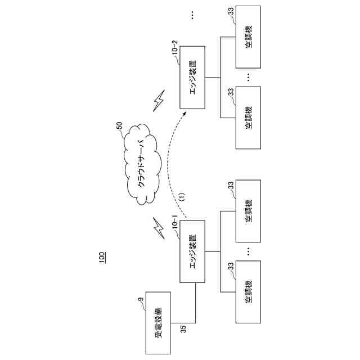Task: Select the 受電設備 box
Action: tap(159, 323)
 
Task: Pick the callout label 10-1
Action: tap(174, 225)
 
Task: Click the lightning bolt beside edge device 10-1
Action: tap(158, 227)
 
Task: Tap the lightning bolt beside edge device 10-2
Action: tap(159, 101)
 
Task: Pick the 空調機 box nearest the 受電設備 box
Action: tap(248, 292)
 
